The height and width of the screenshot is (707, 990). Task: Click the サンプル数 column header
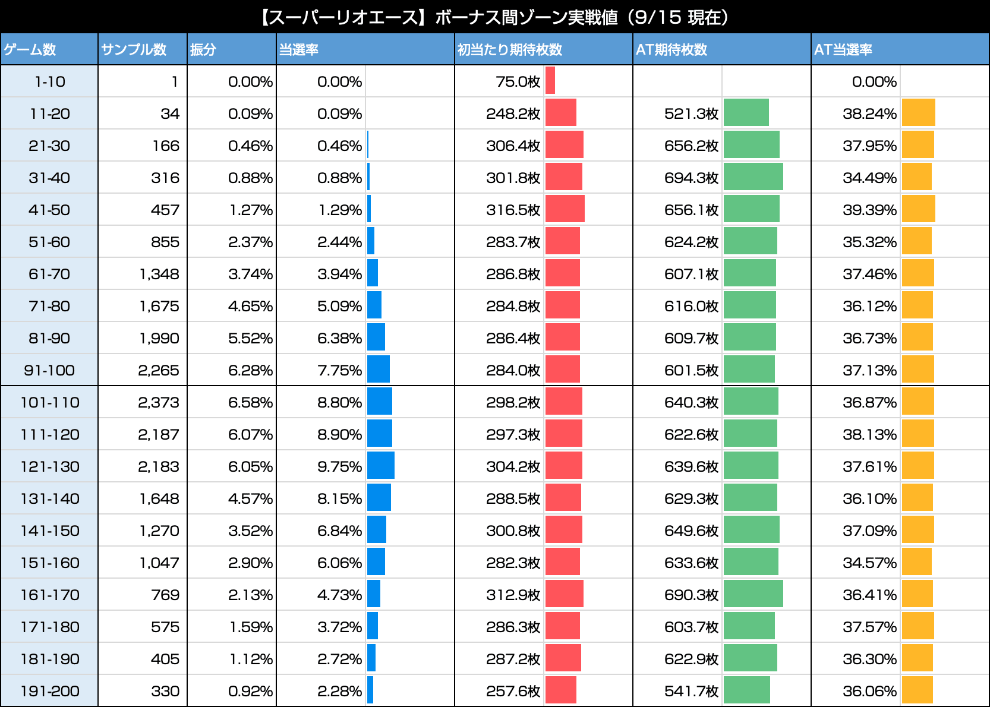pyautogui.click(x=134, y=49)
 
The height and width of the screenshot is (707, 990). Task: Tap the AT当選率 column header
pyautogui.click(x=843, y=49)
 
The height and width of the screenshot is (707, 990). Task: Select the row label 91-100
pyautogui.click(x=49, y=370)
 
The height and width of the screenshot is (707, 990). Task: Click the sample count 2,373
pyautogui.click(x=158, y=402)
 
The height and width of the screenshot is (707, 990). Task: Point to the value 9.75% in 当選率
pyautogui.click(x=339, y=466)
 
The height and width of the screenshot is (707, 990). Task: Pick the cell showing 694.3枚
pyautogui.click(x=691, y=178)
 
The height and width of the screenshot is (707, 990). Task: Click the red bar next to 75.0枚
pyautogui.click(x=550, y=81)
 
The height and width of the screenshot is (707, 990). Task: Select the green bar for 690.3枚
pyautogui.click(x=753, y=594)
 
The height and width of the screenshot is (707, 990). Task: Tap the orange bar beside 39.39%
pyautogui.click(x=918, y=209)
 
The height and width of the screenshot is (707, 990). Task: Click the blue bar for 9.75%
pyautogui.click(x=380, y=466)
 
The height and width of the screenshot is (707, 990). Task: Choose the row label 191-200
pyautogui.click(x=49, y=691)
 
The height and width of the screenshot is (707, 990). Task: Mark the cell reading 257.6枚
pyautogui.click(x=513, y=691)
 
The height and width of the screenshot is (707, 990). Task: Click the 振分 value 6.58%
pyautogui.click(x=250, y=402)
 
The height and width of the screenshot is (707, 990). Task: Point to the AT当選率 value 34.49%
pyautogui.click(x=869, y=178)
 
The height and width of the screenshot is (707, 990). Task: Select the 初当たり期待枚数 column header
pyautogui.click(x=509, y=49)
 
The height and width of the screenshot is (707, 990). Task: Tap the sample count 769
pyautogui.click(x=165, y=595)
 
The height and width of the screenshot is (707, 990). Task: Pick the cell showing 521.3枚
pyautogui.click(x=691, y=113)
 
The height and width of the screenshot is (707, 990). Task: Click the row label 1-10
pyautogui.click(x=49, y=81)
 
